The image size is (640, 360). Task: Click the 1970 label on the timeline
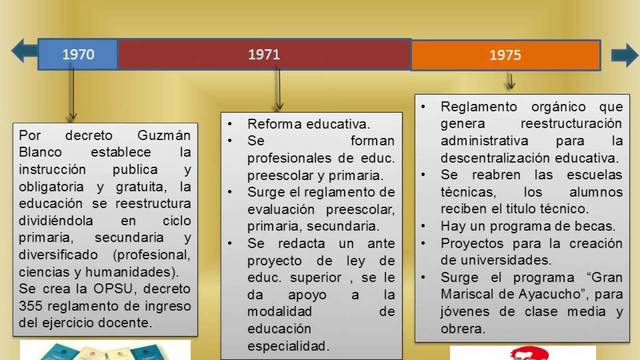78,54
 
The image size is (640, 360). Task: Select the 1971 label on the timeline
264,54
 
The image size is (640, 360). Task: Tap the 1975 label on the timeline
505,56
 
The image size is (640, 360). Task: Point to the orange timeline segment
560,55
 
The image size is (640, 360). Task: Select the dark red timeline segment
340,54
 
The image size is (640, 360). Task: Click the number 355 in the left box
34,305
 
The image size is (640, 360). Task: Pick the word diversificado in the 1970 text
59,254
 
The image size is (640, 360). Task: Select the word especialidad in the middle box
287,345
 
